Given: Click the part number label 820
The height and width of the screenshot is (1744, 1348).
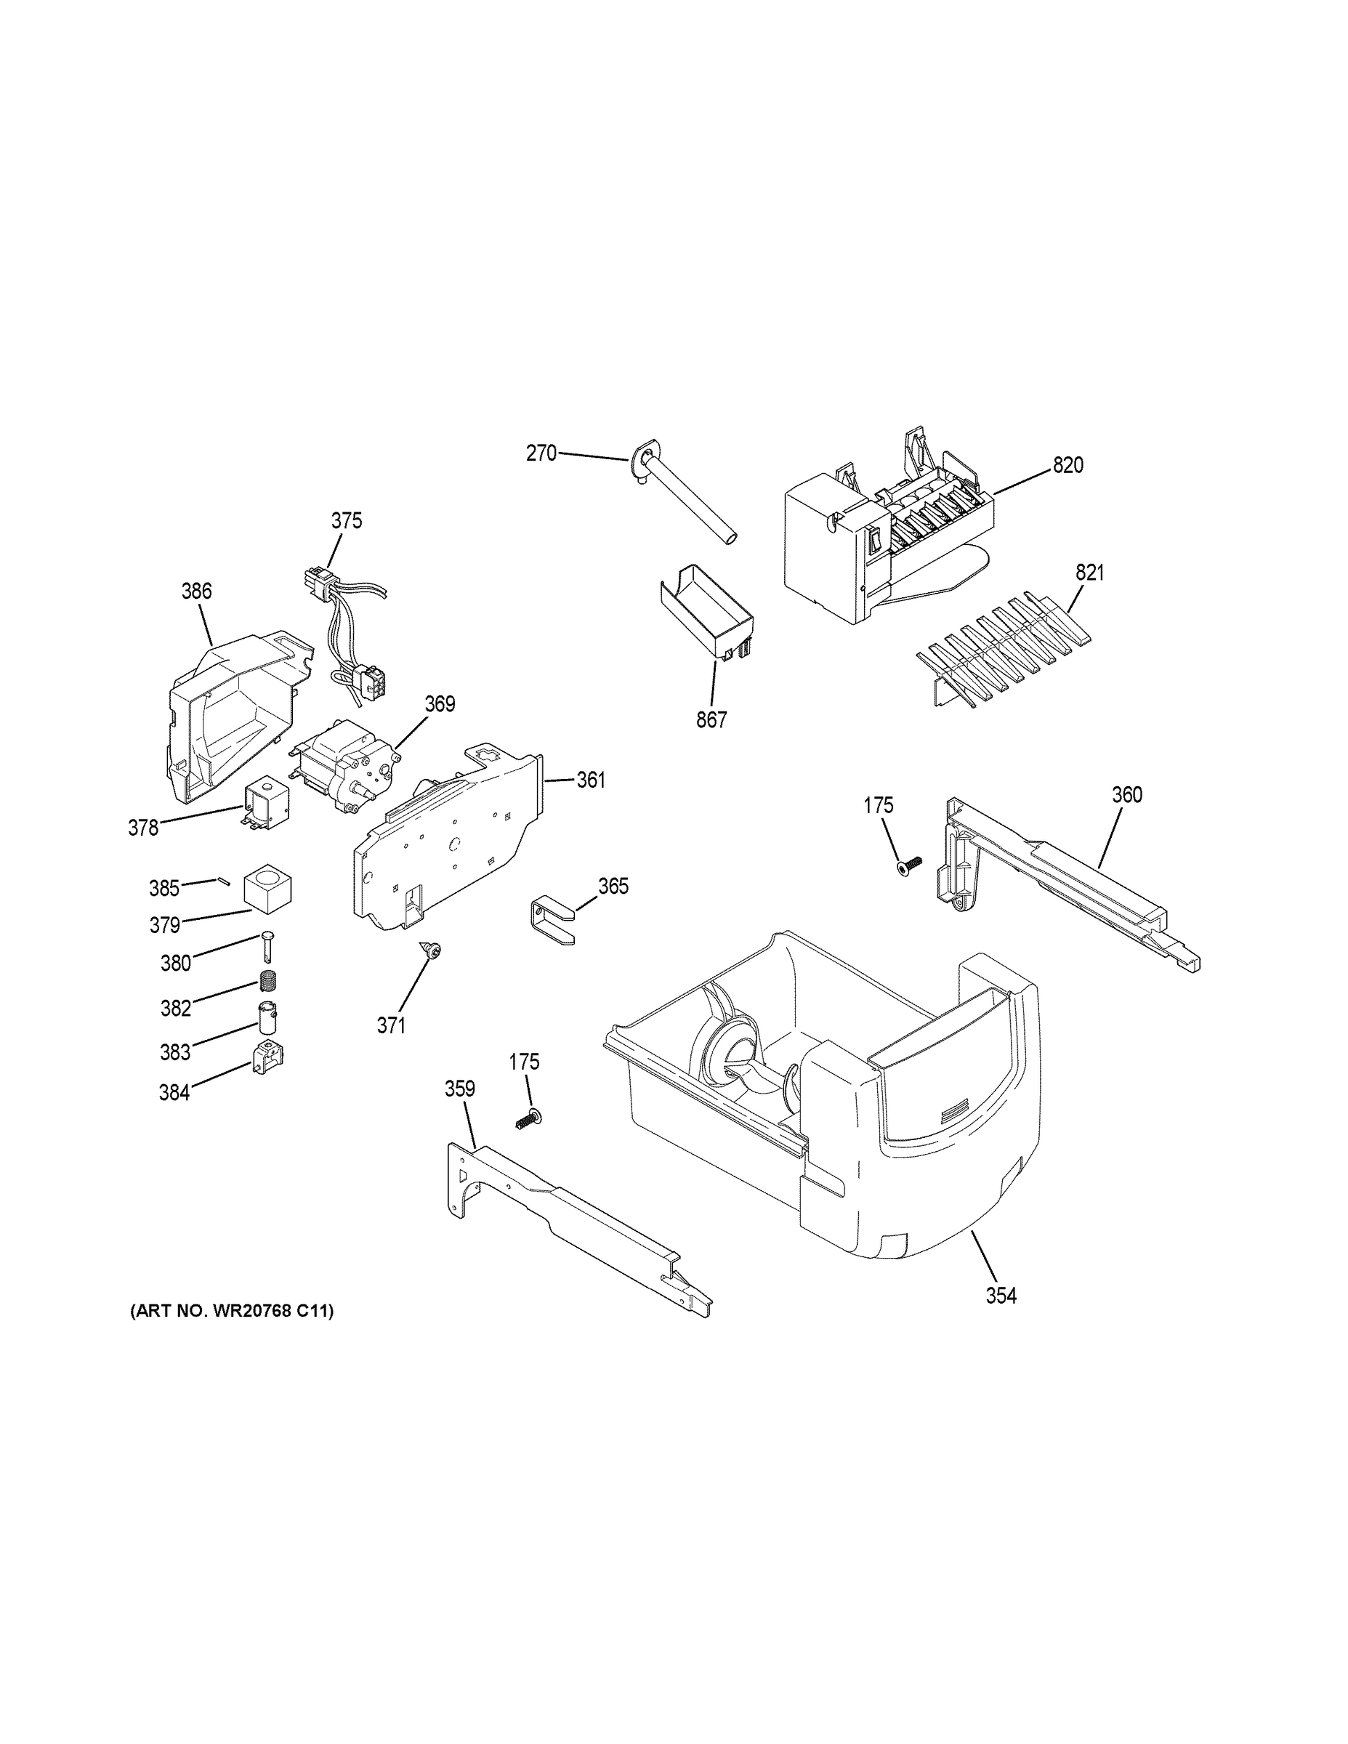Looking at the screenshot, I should click(x=1067, y=465).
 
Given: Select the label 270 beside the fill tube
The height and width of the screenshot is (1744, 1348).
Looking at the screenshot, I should click(x=541, y=453).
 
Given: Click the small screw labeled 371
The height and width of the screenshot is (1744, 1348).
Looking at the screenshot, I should click(x=435, y=950).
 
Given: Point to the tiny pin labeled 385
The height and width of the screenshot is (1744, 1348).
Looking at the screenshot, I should click(x=223, y=881).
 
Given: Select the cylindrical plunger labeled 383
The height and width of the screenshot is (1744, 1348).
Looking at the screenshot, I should click(x=267, y=1018).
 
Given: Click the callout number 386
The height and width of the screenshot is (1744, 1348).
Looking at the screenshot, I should click(x=196, y=591).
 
